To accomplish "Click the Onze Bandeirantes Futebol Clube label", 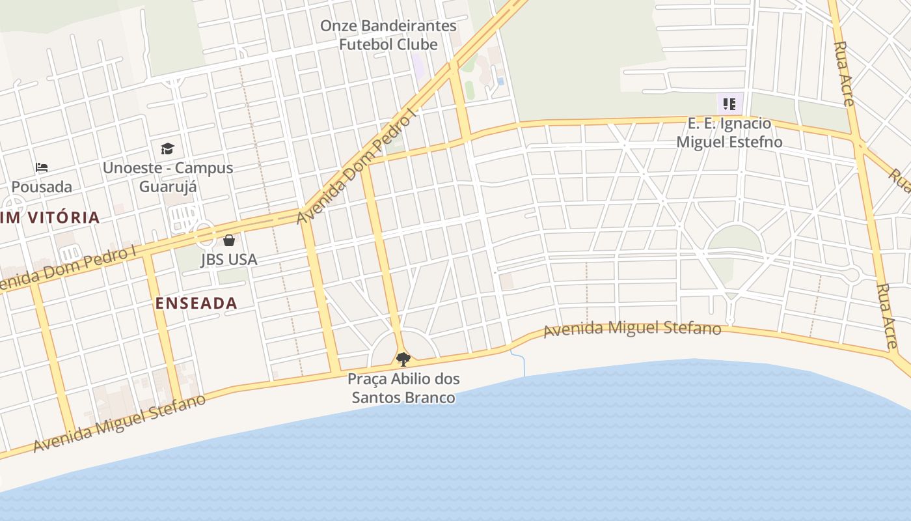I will (x=388, y=35).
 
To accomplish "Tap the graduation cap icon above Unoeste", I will (x=167, y=148).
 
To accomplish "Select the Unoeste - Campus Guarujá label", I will (x=168, y=177).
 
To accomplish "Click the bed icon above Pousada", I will (x=42, y=167).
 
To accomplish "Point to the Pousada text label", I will (x=42, y=187).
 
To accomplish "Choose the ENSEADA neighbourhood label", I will (x=196, y=303).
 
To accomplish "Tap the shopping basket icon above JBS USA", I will (x=228, y=240).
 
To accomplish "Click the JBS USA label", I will (x=228, y=259).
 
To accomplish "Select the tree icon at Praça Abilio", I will (x=403, y=359).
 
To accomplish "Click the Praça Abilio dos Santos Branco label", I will (x=403, y=388).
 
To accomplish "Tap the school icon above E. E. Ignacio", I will (x=729, y=104).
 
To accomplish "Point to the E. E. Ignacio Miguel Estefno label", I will (x=729, y=132).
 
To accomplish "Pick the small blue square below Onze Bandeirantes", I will (x=500, y=81).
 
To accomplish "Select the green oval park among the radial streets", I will (x=735, y=240).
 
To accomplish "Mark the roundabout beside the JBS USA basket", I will (x=204, y=234).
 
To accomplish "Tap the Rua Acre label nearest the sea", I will (x=886, y=316).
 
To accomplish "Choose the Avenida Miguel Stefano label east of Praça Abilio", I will (x=632, y=328).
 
